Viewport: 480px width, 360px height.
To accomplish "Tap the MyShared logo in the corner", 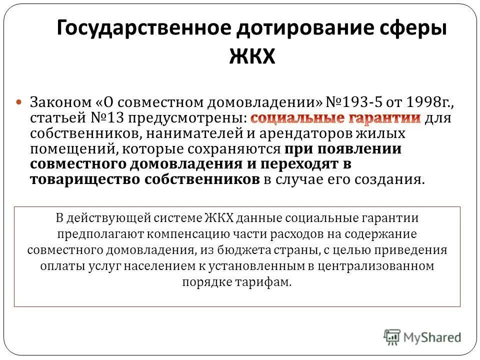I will (x=423, y=336).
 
